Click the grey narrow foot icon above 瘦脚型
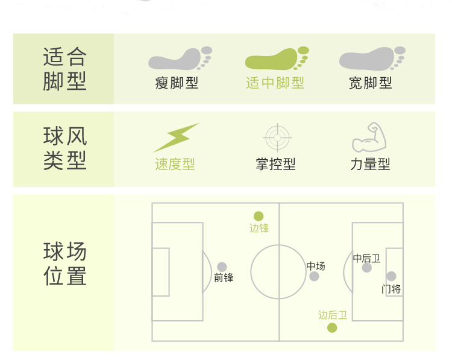[179, 59]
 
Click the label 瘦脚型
[177, 83]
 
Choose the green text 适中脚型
[275, 83]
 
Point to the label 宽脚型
[370, 83]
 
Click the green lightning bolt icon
[175, 137]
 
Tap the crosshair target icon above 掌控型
[277, 137]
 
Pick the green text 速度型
[175, 164]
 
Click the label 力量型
[370, 164]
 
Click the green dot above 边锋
[259, 216]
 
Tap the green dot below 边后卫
[332, 327]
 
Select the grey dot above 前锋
[222, 267]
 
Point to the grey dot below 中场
[314, 276]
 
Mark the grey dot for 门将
[391, 276]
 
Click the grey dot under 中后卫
[366, 268]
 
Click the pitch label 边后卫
[333, 315]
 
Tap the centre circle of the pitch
[278, 271]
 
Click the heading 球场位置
[65, 264]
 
